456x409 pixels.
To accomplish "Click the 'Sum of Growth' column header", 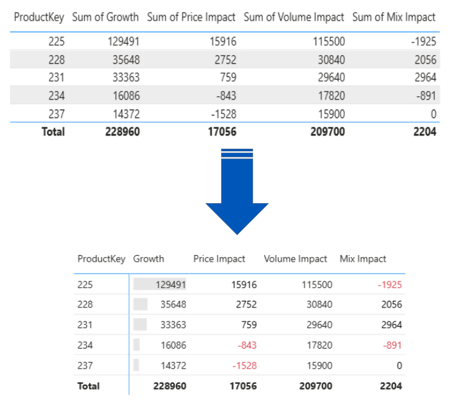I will coord(106,17).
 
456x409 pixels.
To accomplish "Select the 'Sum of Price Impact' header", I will coord(191,17).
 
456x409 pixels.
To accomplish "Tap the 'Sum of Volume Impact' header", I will coord(293,17).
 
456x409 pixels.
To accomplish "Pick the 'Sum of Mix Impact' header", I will coord(394,17).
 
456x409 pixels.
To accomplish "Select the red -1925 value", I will coord(389,284).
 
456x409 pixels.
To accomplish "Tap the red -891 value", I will coord(392,345).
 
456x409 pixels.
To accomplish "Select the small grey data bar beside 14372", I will coord(136,365).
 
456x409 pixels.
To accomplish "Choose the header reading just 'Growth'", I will coord(149,259).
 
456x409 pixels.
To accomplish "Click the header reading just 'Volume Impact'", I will coord(295,259).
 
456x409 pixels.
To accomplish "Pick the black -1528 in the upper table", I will coord(222,114).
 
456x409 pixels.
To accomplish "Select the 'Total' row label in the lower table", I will coord(89,386).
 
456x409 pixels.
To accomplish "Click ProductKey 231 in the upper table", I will coord(56,78).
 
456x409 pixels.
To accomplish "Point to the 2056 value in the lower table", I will coord(391,305).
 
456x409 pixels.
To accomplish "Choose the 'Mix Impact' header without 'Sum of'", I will coord(362,259).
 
